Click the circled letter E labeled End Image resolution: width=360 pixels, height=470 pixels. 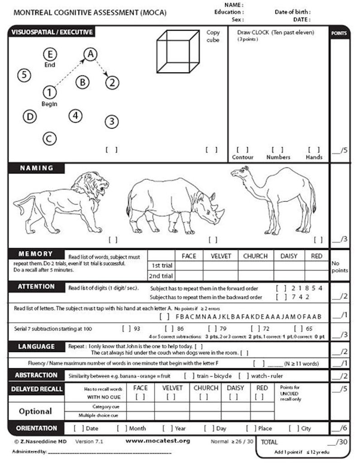tap(50, 54)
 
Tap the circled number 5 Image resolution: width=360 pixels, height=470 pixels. tap(24, 75)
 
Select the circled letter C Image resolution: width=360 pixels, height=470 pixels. tap(50, 138)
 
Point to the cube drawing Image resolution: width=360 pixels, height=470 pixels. tap(177, 51)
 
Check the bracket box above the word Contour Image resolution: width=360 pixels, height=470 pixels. tap(242, 150)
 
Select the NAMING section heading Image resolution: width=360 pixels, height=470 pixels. tap(37, 168)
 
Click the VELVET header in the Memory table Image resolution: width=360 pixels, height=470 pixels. tap(221, 256)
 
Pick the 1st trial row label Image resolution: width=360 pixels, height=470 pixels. tap(161, 266)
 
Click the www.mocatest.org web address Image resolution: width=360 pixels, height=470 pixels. tap(158, 441)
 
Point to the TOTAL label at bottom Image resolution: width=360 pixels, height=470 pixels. tap(269, 442)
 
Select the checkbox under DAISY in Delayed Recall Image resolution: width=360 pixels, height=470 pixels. tap(233, 397)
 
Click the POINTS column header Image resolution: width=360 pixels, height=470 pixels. tap(339, 33)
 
